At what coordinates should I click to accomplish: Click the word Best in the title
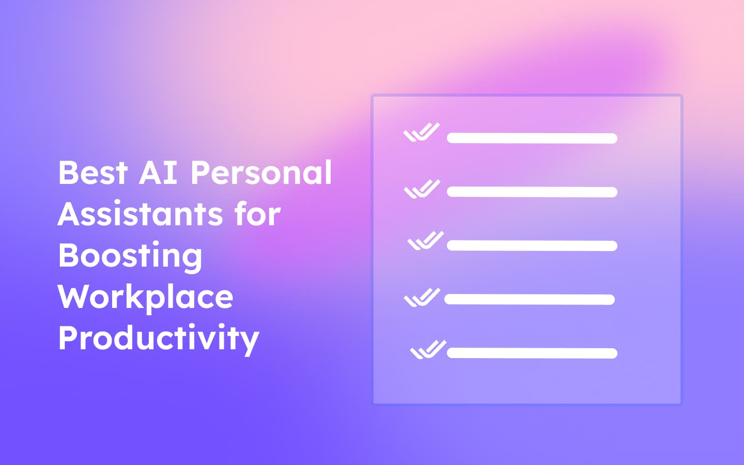(x=92, y=173)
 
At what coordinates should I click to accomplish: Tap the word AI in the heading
(x=158, y=173)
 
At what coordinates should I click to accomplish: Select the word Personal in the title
(x=261, y=173)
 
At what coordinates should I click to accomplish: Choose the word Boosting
(x=130, y=256)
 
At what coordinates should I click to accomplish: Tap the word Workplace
(x=145, y=298)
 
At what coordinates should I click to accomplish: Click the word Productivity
(x=158, y=339)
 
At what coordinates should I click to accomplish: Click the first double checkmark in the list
(x=422, y=132)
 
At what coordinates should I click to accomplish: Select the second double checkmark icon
(x=422, y=189)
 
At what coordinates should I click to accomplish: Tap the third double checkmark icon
(x=426, y=241)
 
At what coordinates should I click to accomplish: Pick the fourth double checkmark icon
(x=422, y=298)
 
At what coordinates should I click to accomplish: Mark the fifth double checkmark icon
(x=428, y=350)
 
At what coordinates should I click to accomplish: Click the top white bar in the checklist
(x=532, y=138)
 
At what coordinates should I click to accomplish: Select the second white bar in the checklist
(x=532, y=192)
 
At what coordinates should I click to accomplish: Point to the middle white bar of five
(x=532, y=245)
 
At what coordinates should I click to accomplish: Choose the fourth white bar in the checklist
(x=529, y=299)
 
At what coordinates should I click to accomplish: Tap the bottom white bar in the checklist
(x=532, y=353)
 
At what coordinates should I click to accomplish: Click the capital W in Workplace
(x=74, y=297)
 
